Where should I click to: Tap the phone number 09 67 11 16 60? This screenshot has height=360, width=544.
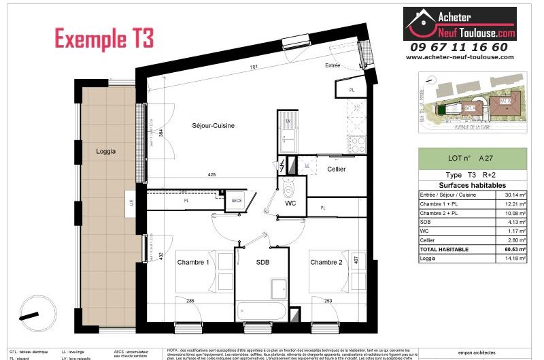459,47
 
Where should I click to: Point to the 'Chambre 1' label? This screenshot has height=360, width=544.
193,262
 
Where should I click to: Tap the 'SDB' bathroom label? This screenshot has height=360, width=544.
264,262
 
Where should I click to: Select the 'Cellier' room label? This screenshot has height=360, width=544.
337,169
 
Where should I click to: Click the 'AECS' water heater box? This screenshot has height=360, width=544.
237,200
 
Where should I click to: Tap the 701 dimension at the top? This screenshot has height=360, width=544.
253,67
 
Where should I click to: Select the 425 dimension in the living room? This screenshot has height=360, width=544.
211,176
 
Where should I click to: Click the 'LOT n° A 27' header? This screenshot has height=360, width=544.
472,157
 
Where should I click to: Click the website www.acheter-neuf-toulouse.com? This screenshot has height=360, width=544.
459,57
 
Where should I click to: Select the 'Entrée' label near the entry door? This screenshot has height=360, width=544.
333,66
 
